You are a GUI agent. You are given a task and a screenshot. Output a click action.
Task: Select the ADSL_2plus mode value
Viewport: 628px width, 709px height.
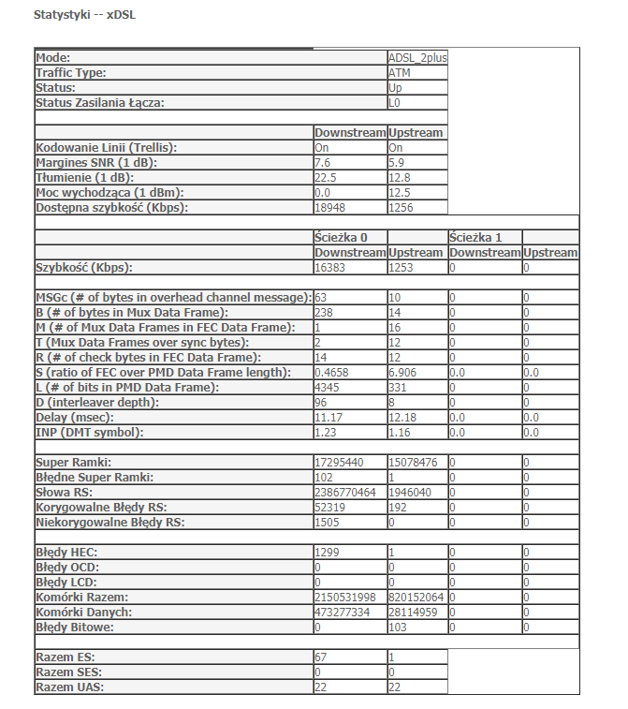(417, 58)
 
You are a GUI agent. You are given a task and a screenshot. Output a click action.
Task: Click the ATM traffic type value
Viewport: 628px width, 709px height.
(399, 73)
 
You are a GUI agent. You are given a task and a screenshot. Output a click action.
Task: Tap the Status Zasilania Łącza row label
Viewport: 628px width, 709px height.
(99, 103)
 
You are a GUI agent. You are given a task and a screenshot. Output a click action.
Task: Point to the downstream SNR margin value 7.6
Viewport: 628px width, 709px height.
(322, 163)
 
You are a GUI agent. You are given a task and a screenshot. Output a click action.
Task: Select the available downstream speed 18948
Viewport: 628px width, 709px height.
(331, 208)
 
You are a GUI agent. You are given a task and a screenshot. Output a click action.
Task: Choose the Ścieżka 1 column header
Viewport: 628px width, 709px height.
(475, 238)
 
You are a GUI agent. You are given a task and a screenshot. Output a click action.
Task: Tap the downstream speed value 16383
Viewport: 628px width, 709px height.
(331, 268)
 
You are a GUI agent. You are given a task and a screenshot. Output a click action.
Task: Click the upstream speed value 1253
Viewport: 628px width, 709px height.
(402, 268)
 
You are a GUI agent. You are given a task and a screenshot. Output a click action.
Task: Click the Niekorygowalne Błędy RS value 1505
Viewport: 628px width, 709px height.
(328, 523)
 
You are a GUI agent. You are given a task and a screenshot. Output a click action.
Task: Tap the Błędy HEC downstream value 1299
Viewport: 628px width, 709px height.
(328, 553)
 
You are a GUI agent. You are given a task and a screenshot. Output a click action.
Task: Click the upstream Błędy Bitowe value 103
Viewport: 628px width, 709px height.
(398, 628)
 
